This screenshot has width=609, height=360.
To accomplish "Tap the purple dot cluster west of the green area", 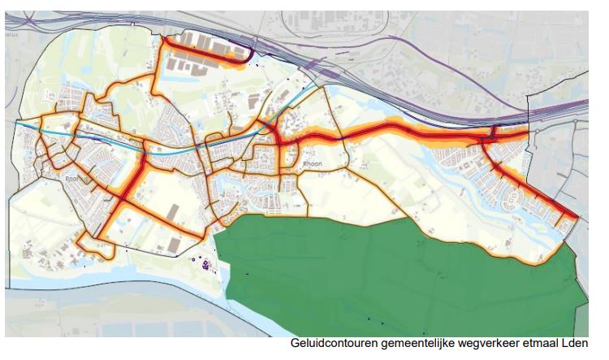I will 201,262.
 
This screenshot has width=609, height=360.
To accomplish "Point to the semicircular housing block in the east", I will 515,195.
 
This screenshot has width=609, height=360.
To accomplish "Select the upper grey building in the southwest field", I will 173,212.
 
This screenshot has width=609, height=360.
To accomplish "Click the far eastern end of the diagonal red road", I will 576,217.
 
